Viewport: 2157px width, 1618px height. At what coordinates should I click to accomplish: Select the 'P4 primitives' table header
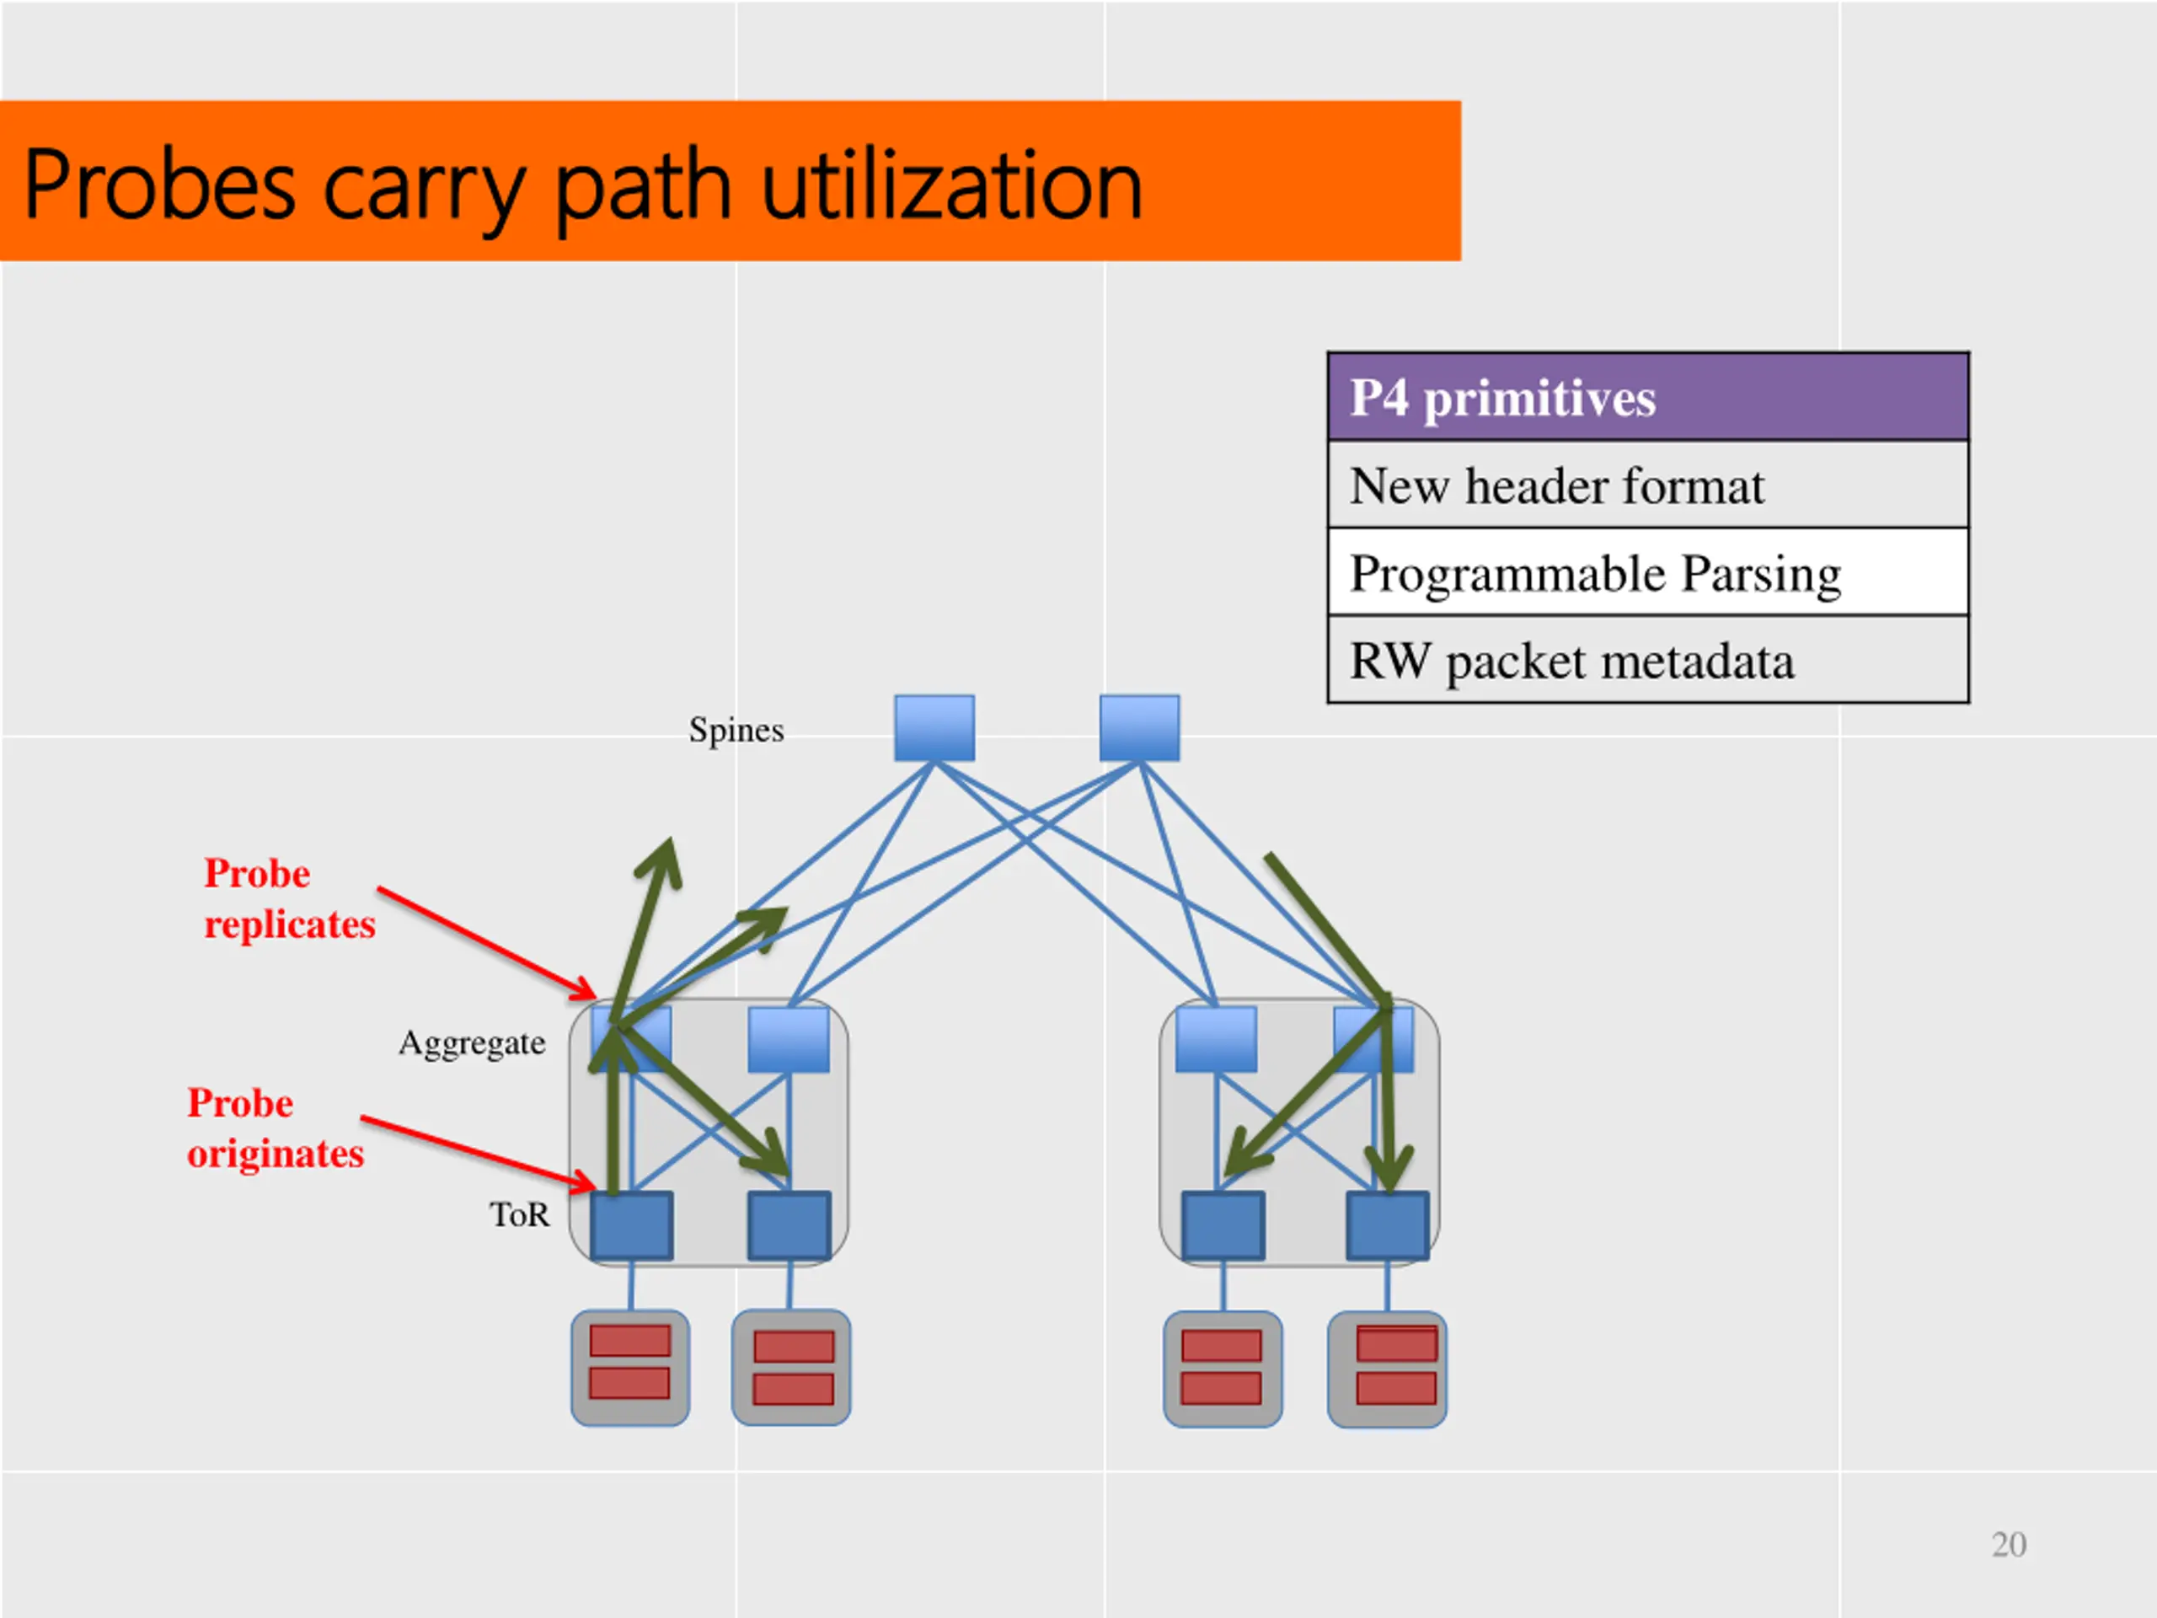coord(1647,398)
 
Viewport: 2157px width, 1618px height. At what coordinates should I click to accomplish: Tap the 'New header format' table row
coord(1647,485)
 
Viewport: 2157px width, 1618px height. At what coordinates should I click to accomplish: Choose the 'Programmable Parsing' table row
coord(1647,574)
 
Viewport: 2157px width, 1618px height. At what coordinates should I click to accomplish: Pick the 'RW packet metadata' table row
coord(1647,662)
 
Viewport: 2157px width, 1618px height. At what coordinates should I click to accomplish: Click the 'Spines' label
coord(736,731)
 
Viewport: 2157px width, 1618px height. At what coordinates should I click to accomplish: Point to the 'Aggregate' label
coord(472,1043)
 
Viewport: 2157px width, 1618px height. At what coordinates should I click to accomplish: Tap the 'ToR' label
coord(520,1215)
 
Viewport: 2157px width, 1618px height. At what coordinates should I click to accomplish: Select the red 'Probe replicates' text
coord(289,899)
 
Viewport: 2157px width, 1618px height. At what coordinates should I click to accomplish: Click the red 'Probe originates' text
coord(275,1128)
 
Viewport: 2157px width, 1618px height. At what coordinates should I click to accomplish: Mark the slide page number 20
coord(2009,1545)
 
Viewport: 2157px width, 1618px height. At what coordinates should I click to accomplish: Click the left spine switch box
coord(934,727)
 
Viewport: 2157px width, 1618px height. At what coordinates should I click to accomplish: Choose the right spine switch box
coord(1139,727)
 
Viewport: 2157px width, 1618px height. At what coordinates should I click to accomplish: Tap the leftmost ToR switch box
coord(632,1225)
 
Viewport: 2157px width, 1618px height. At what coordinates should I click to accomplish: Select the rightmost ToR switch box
coord(1388,1225)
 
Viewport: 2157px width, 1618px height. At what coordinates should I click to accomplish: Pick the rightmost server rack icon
coord(1387,1369)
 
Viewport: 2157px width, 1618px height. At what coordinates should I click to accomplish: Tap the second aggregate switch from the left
coord(789,1040)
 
